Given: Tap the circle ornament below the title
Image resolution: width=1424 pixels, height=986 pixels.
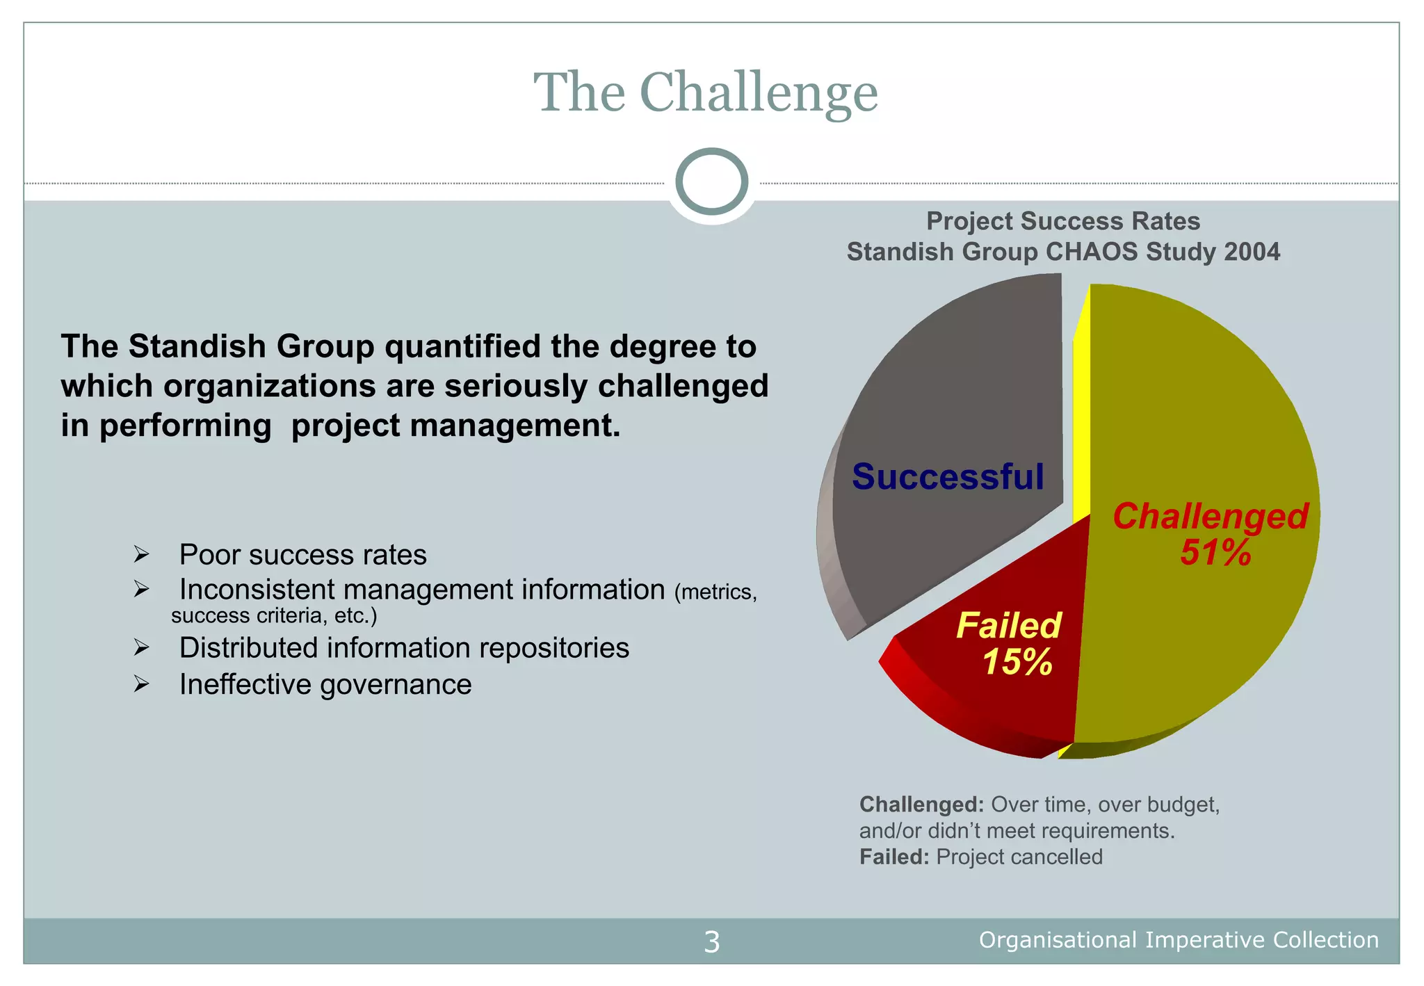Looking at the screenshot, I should (711, 181).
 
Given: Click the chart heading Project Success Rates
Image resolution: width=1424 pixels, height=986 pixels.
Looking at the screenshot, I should (1062, 221).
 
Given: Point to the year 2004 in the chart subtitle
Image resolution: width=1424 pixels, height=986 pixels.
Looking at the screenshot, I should (1252, 252).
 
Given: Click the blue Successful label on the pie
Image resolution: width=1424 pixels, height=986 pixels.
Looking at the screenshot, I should (948, 477).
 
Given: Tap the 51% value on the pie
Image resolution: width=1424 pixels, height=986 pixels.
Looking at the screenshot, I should (1215, 553).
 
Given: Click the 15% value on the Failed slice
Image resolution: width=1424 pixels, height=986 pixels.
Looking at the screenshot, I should (1017, 662).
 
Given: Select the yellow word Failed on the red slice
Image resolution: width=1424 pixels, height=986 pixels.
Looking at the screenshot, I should (1008, 625).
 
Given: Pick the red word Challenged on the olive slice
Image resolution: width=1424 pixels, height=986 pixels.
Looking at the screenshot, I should (1210, 517).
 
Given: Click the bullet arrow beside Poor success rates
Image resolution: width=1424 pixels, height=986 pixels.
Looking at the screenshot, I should (142, 555).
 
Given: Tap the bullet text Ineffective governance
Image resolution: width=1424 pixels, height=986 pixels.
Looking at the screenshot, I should (325, 685).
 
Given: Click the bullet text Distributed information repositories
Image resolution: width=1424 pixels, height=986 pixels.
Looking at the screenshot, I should (404, 648).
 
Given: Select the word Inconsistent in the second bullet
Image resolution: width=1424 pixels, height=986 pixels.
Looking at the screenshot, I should (257, 590).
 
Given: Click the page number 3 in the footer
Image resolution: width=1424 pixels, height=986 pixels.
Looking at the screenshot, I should (711, 941).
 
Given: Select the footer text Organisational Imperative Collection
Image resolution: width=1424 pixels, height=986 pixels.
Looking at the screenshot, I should (1179, 940).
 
